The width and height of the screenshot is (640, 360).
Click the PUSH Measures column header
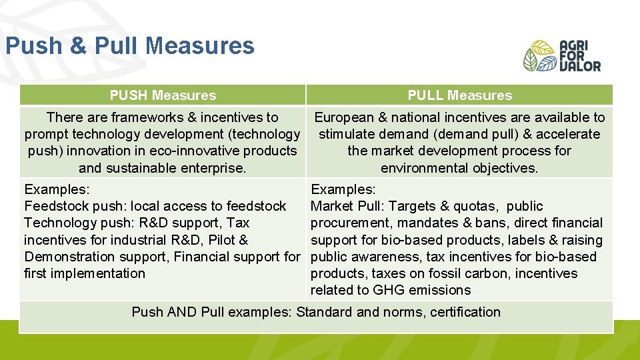(x=163, y=95)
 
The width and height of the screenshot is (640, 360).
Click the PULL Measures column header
(x=459, y=95)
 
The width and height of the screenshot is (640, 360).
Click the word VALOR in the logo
(x=579, y=65)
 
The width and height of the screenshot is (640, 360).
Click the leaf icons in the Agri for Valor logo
(x=539, y=56)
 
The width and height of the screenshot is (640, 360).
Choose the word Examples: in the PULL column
(x=343, y=189)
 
